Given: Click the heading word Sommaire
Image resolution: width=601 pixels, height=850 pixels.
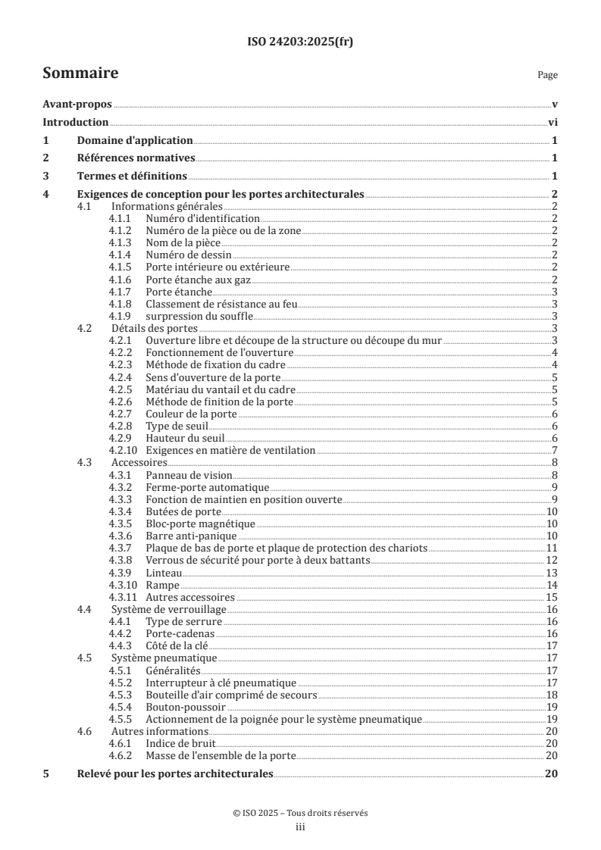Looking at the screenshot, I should [80, 73].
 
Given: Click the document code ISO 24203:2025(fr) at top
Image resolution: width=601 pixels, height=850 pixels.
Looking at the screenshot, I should [300, 42].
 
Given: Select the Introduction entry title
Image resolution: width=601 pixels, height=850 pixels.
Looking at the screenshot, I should [76, 123].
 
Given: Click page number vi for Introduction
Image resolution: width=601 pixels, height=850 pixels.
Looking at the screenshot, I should [553, 123].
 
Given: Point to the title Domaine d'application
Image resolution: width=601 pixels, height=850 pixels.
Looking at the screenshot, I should [135, 141].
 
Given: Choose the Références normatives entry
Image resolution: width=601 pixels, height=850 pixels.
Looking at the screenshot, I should [136, 158].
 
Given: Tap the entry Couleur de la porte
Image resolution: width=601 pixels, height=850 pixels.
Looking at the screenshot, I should [191, 414].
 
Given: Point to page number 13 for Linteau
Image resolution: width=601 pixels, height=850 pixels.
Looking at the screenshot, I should [553, 573].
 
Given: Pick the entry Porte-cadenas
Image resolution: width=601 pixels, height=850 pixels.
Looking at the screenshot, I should [179, 634].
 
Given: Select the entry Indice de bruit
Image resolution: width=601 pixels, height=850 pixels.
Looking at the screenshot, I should [179, 744].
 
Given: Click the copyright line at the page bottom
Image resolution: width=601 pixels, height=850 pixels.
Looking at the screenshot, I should [300, 812].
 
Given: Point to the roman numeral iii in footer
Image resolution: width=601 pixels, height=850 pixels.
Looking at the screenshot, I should [300, 827].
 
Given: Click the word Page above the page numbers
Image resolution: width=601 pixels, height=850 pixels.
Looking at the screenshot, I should [547, 75].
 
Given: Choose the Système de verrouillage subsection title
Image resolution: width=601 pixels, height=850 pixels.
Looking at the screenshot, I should [169, 610].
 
